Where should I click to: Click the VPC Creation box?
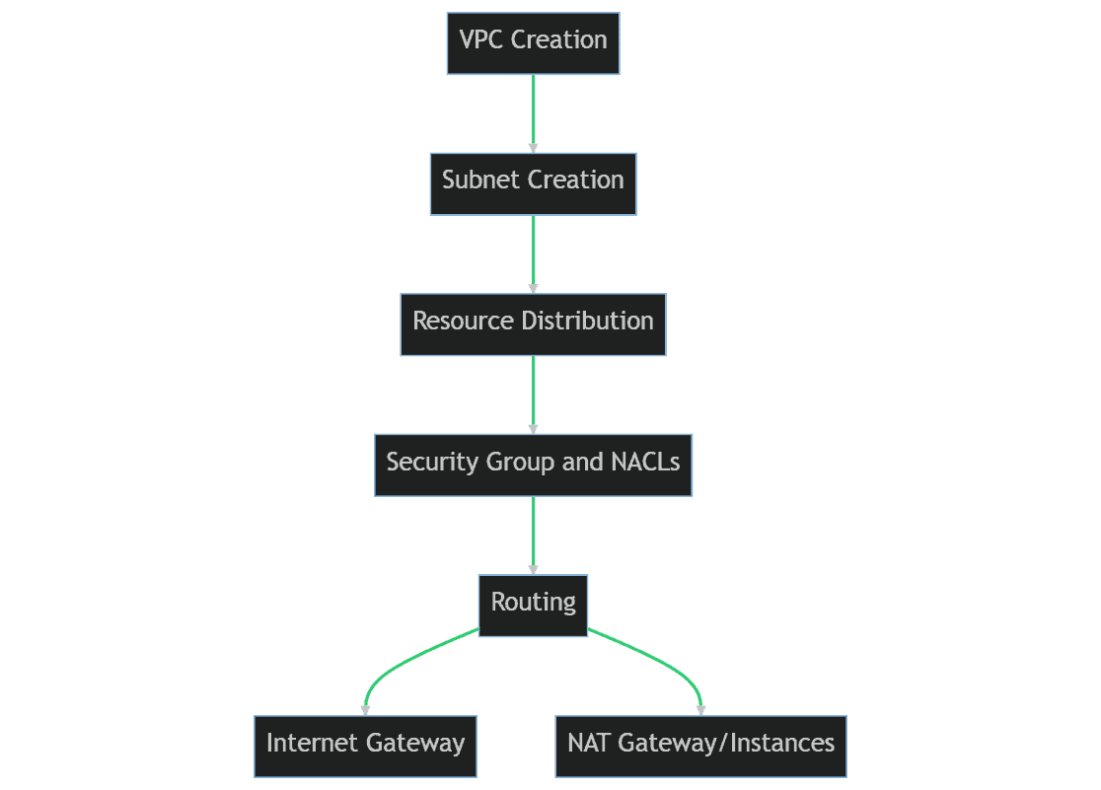[533, 43]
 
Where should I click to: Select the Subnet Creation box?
[533, 183]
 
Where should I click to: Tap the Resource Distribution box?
[533, 324]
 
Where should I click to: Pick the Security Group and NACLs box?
[533, 466]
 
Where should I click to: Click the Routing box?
[533, 606]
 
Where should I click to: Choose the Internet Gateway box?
[365, 747]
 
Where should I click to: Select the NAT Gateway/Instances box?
[700, 747]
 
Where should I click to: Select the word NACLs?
[643, 463]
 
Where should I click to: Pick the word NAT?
[589, 744]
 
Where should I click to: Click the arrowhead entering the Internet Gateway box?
[365, 710]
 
